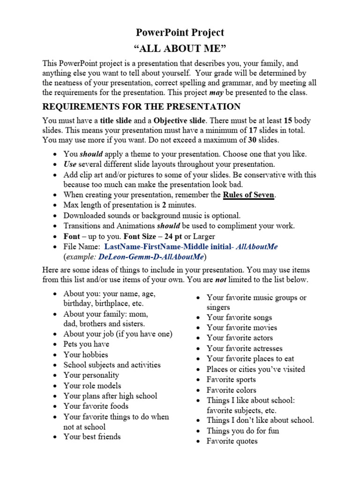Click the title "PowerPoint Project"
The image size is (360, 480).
tap(180, 32)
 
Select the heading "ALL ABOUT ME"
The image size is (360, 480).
tap(180, 49)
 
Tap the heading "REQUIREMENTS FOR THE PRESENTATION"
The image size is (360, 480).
tap(141, 106)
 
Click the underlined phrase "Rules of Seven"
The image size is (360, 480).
tap(248, 195)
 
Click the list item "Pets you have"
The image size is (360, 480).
tap(86, 344)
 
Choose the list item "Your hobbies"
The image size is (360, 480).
tap(86, 354)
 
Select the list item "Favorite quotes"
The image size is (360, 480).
tap(232, 441)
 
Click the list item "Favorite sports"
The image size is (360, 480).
tap(231, 379)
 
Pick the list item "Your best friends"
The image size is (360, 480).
tap(92, 436)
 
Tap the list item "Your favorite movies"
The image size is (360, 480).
tap(242, 327)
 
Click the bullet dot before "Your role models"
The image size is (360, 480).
tap(55, 386)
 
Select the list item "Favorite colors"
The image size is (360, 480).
tap(232, 390)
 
